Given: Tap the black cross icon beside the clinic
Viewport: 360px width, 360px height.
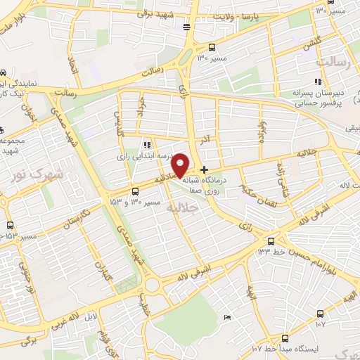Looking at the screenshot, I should [205, 169].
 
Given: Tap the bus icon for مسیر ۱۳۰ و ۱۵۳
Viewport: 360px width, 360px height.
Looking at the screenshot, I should [136, 191].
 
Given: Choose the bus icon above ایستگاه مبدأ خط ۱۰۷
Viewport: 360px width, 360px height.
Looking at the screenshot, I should [284, 338].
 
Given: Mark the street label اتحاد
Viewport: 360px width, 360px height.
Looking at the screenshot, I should [71, 65].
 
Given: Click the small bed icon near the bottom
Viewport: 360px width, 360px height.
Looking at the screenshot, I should [226, 319].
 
